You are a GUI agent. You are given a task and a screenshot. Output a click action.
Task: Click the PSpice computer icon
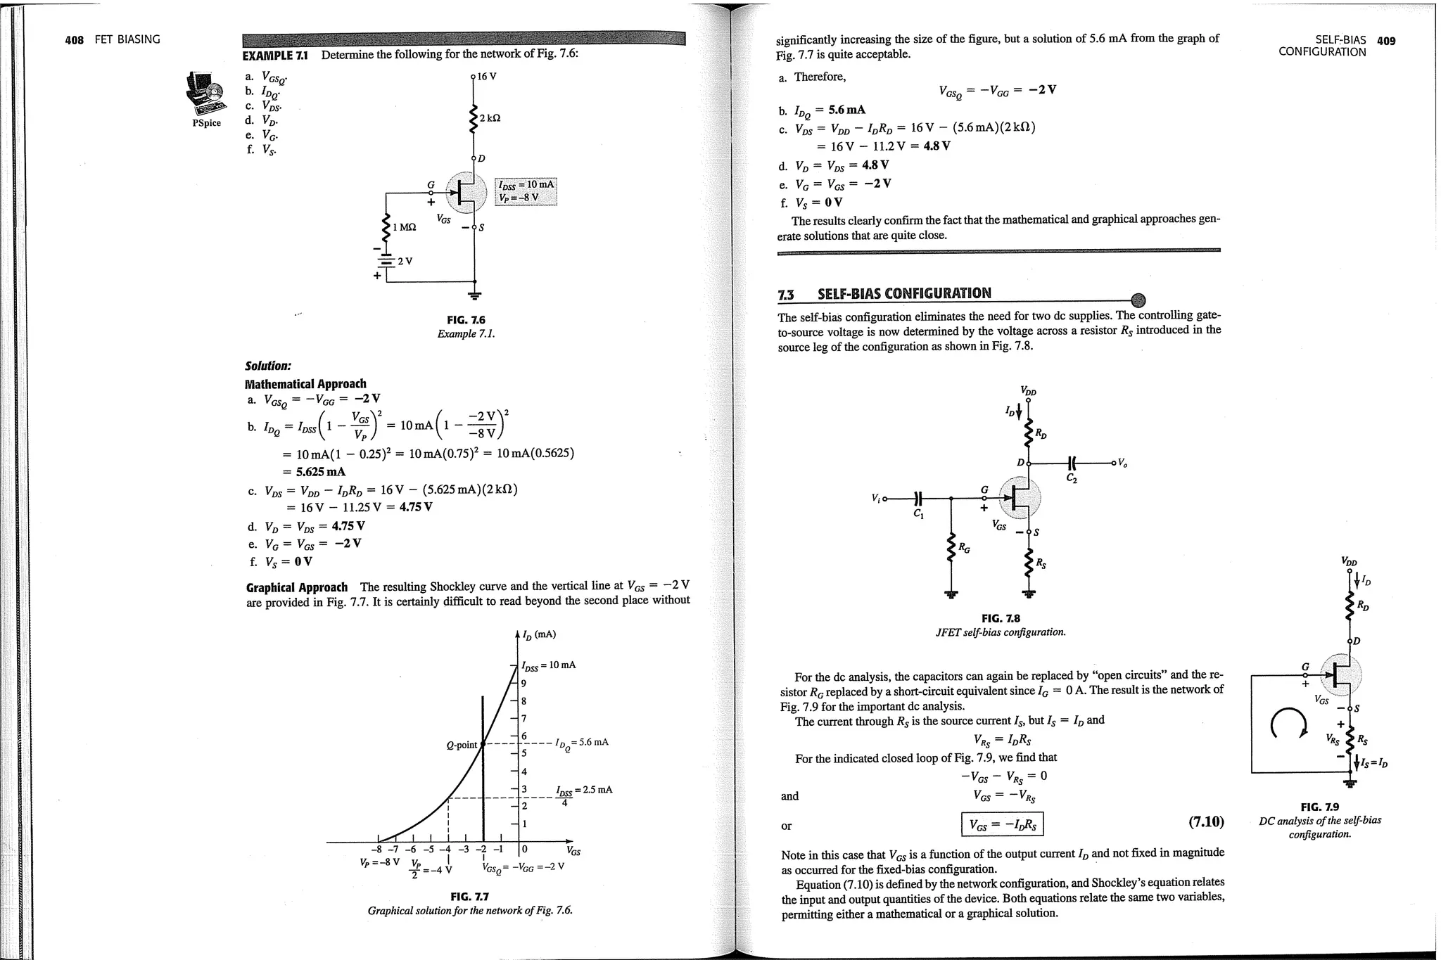[205, 94]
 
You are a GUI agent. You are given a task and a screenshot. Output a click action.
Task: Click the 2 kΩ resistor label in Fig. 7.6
[490, 119]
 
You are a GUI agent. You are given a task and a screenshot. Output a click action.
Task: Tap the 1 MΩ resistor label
[405, 227]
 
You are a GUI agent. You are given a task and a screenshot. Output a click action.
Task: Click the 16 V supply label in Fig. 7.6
[487, 76]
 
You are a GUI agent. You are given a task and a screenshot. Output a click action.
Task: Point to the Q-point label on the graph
[462, 745]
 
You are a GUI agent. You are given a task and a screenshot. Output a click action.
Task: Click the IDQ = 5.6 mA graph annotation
[581, 743]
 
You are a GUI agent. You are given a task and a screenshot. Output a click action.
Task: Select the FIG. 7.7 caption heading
[469, 897]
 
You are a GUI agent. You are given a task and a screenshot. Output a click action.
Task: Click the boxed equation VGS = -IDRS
[1002, 825]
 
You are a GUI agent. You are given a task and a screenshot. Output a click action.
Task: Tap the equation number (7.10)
[1205, 821]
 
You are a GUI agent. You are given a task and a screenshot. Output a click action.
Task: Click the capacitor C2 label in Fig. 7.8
[1071, 479]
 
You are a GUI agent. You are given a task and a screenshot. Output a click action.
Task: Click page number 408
[74, 40]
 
